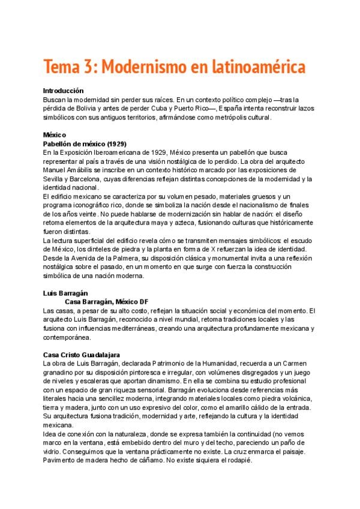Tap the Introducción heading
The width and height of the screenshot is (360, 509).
[x=63, y=90]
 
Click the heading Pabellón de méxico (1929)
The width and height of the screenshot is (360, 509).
[x=85, y=145]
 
